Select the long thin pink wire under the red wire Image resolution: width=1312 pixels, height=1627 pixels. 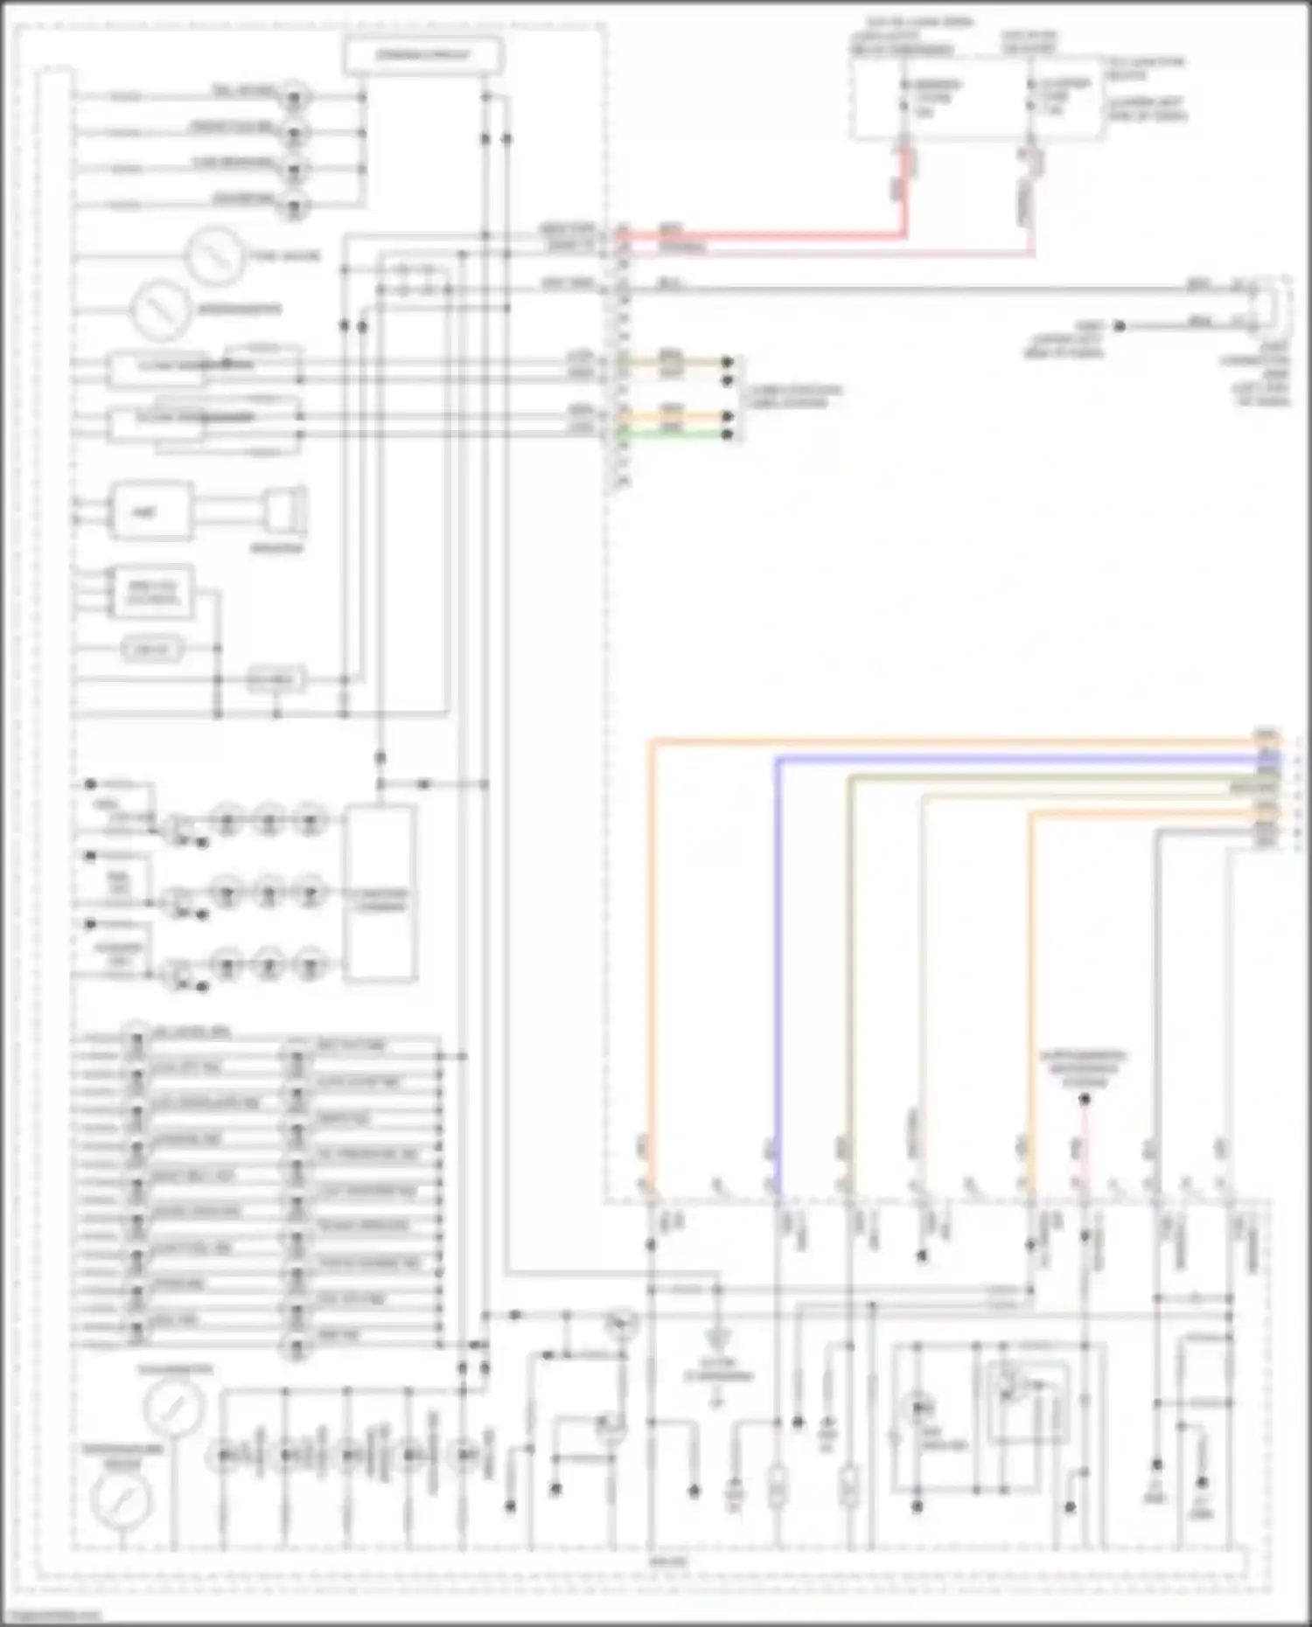point(831,254)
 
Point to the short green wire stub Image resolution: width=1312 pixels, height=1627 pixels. point(673,433)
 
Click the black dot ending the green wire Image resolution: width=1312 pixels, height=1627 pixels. point(728,434)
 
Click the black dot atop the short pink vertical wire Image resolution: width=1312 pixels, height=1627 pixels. point(1085,1099)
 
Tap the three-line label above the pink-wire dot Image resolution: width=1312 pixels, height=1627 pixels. point(1084,1068)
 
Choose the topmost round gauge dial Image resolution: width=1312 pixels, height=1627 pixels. point(213,255)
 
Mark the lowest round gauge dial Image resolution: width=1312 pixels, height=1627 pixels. point(122,1500)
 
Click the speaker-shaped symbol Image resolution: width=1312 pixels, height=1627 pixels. point(285,512)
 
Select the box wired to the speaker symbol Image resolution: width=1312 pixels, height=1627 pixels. point(150,512)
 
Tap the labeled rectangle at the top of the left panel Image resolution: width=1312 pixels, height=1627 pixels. point(423,56)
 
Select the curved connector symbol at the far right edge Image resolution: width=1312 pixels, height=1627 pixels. point(1274,306)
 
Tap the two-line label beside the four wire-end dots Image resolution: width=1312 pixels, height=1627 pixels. point(792,395)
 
